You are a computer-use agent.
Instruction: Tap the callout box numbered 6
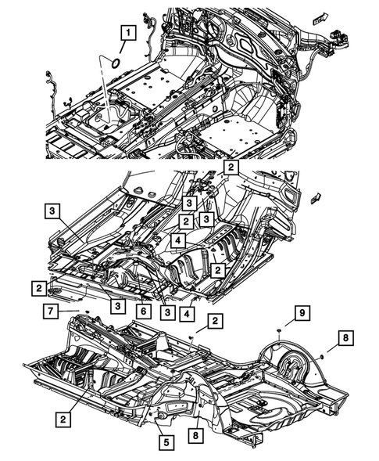pyautogui.click(x=145, y=312)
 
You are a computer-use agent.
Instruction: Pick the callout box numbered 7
pyautogui.click(x=48, y=313)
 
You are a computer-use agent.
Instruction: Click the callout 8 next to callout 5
pyautogui.click(x=196, y=434)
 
